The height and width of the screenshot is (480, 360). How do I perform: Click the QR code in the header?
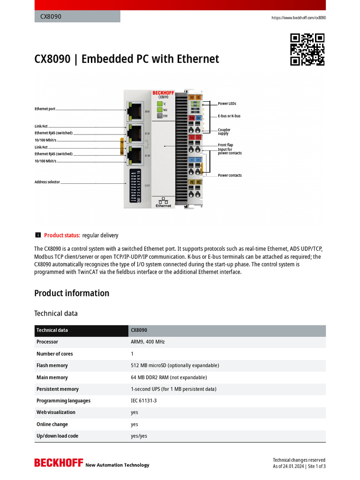point(307,49)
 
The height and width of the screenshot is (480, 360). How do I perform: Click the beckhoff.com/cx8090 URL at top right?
point(299,18)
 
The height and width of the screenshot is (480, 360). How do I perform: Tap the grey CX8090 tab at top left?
point(77,17)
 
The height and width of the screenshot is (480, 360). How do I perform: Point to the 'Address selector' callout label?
point(47,182)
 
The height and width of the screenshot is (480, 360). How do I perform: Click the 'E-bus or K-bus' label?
point(229,116)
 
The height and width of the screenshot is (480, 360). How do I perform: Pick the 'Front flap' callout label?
point(225,145)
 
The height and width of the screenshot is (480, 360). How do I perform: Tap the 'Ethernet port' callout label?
point(45,109)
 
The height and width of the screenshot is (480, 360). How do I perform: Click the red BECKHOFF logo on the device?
point(163,93)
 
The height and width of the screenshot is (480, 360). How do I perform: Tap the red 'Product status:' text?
point(62,235)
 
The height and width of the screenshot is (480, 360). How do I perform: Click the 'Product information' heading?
point(72,293)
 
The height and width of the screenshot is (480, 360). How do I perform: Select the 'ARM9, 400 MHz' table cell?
point(148,342)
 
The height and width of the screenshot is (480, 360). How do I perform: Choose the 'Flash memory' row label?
point(52,366)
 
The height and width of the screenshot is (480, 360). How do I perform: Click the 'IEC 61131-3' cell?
point(144,401)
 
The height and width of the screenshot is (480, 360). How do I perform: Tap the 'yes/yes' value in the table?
point(139,436)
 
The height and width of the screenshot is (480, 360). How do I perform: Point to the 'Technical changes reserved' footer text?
point(299,460)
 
